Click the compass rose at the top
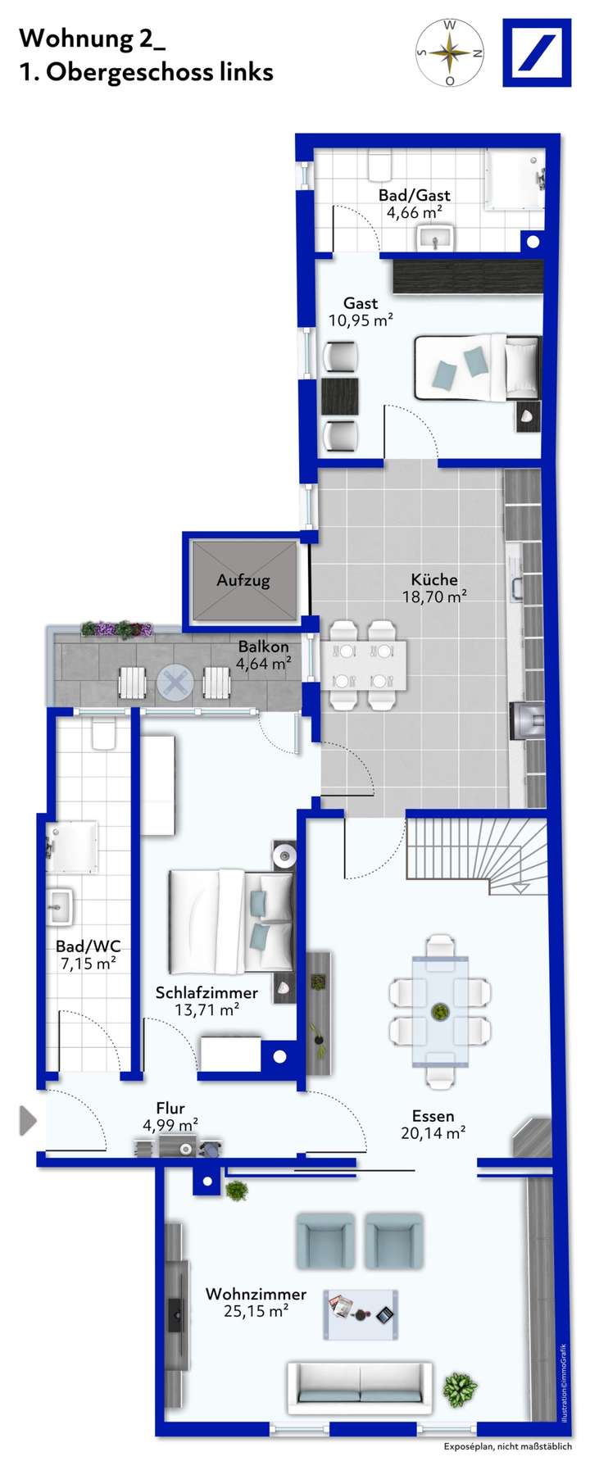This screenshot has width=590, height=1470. tap(450, 53)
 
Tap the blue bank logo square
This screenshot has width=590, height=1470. tap(537, 53)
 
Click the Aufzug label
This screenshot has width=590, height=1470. tap(243, 580)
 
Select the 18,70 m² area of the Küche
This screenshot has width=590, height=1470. tap(434, 597)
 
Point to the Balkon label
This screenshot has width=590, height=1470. tap(263, 647)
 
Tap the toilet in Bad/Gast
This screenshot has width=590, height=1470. tap(379, 166)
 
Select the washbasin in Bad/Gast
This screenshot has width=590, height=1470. tap(434, 238)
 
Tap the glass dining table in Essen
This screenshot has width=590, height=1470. tap(440, 1011)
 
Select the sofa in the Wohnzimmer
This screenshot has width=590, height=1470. tap(360, 1384)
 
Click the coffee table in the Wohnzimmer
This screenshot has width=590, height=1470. tap(361, 1314)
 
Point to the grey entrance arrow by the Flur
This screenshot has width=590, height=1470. tap(28, 1120)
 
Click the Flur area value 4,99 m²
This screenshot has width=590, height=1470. tap(170, 1126)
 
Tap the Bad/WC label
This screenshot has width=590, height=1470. tap(88, 946)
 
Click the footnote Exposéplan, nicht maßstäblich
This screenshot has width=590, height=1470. tap(508, 1447)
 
